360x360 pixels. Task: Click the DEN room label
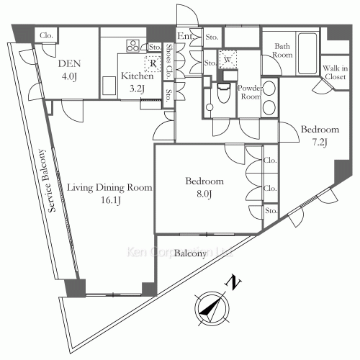coord(70,63)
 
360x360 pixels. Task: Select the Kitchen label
coord(136,76)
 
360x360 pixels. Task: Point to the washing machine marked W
coord(228,60)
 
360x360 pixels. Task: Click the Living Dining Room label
coord(109,188)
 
